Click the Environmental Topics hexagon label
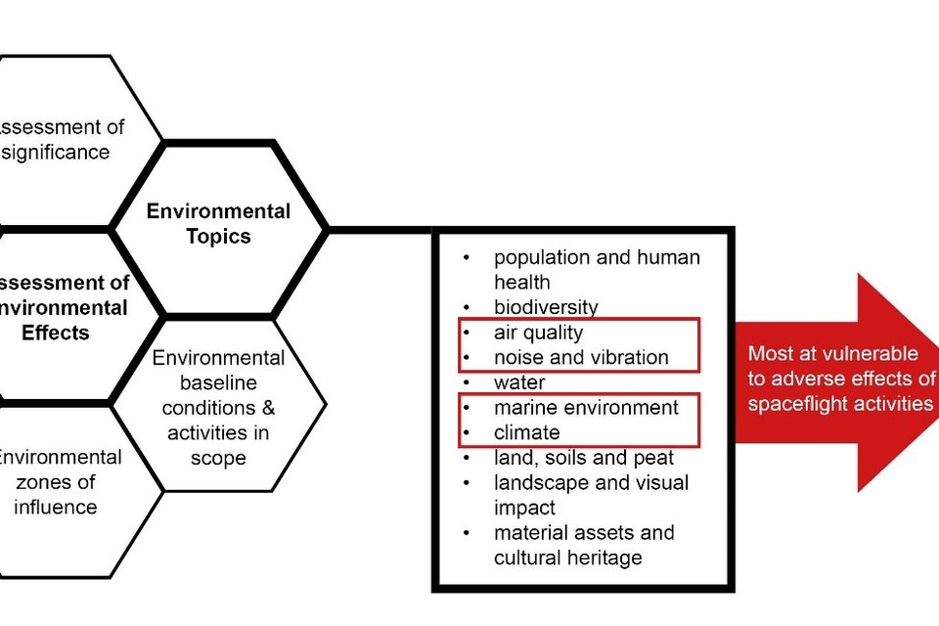click(x=218, y=223)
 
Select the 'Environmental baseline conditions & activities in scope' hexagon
click(x=218, y=407)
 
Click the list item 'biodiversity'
click(x=545, y=307)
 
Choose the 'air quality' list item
click(x=538, y=333)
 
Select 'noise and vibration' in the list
click(x=581, y=357)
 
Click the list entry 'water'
click(x=519, y=382)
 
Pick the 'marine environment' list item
click(x=586, y=407)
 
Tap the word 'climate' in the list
click(x=527, y=432)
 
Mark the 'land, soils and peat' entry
click(x=583, y=457)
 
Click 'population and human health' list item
click(x=597, y=270)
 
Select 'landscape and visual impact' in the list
click(x=591, y=495)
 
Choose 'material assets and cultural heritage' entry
click(x=584, y=545)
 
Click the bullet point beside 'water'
click(x=468, y=382)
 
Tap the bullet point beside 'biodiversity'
click(x=468, y=307)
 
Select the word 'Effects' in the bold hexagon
click(x=55, y=333)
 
